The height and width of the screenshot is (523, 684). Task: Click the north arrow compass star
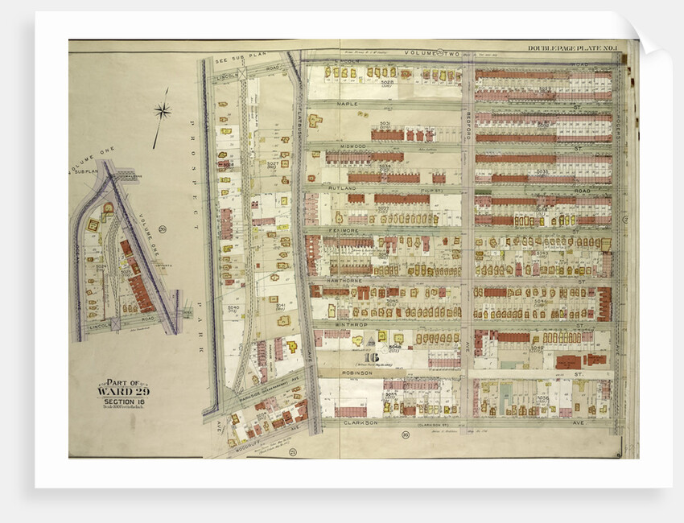163,111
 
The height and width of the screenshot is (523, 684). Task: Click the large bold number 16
371,358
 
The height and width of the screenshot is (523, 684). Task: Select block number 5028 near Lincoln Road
386,81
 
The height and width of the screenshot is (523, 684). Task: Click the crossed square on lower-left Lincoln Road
114,324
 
